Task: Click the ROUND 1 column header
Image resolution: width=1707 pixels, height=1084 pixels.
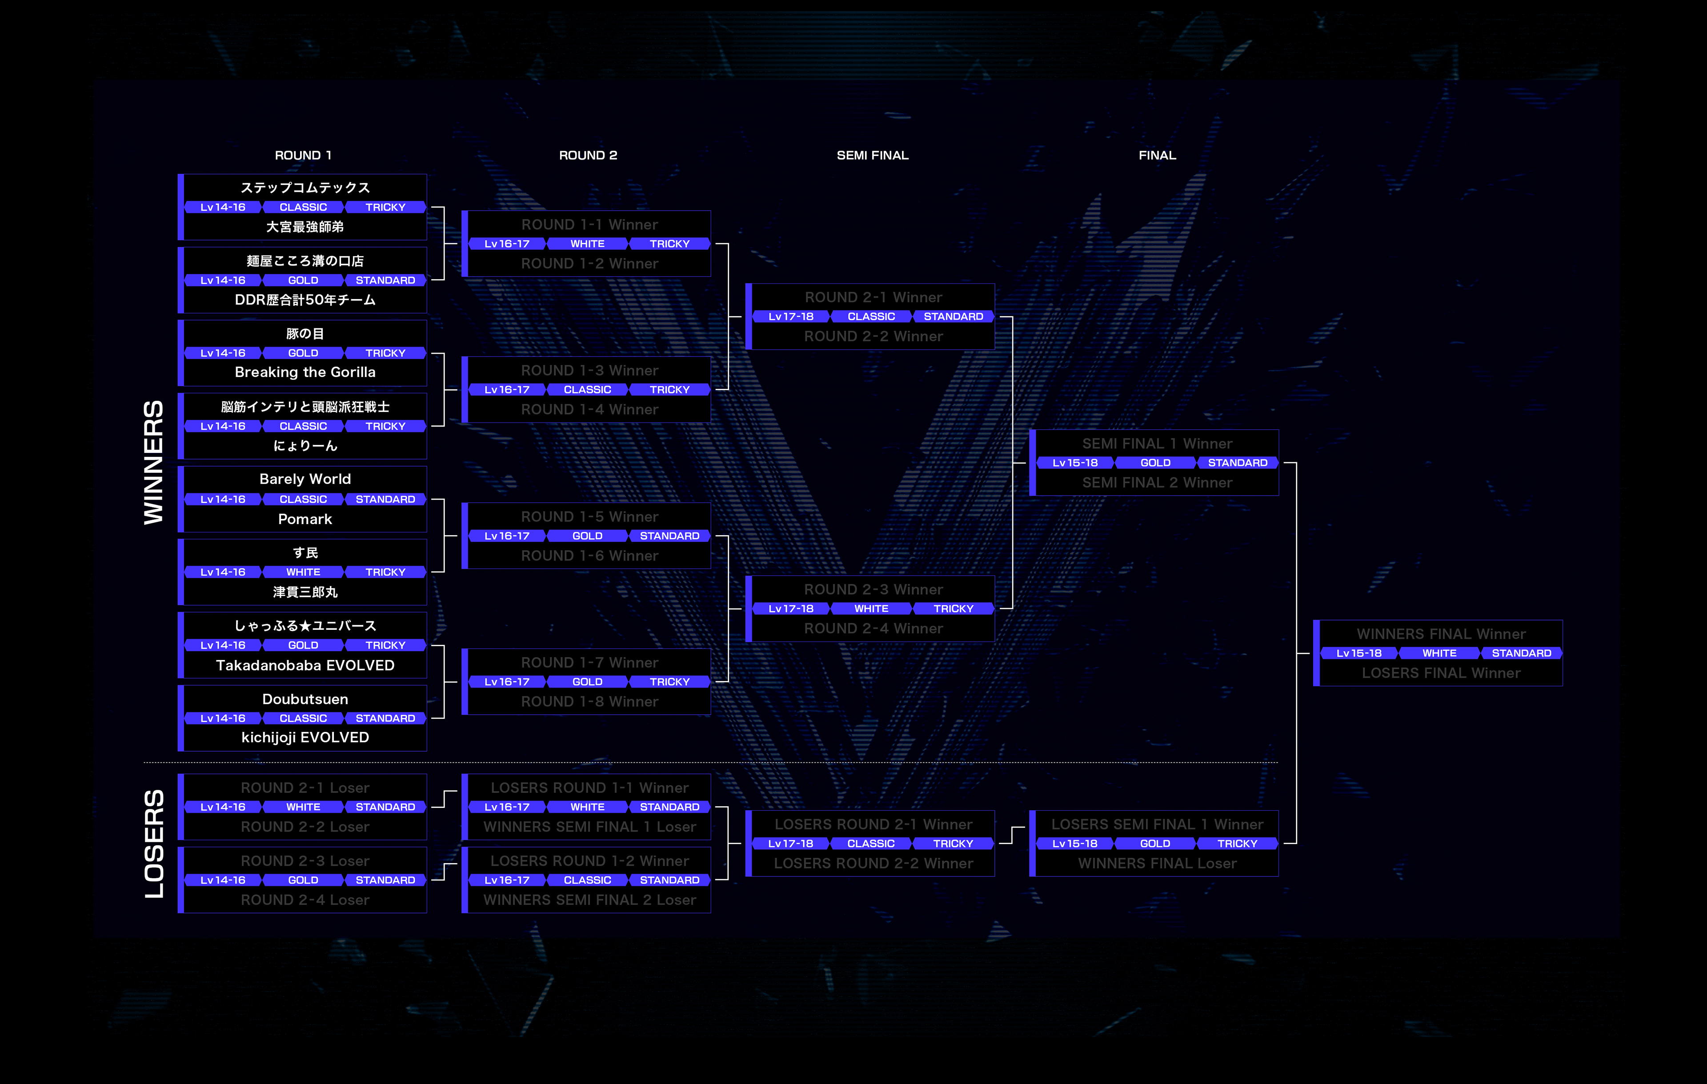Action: [303, 155]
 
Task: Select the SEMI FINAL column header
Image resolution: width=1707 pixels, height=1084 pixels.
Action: [872, 155]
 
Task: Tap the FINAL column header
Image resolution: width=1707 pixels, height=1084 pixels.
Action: [1157, 155]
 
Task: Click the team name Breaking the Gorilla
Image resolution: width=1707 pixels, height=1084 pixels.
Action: [305, 372]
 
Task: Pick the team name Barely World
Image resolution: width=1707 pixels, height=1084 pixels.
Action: [305, 479]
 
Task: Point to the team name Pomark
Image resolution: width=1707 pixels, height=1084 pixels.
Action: [305, 519]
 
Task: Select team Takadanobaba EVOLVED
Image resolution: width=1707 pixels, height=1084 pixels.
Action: [305, 665]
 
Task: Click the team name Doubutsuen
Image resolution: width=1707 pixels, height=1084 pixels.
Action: [305, 699]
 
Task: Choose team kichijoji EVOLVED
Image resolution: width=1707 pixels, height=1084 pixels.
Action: [305, 737]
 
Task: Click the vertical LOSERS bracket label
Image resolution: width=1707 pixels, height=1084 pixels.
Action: [154, 844]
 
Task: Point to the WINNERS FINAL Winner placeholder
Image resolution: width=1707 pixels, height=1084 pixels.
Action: [1440, 634]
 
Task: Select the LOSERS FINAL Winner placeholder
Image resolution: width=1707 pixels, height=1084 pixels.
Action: [1440, 673]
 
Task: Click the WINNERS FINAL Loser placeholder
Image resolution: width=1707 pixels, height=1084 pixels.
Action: [1157, 864]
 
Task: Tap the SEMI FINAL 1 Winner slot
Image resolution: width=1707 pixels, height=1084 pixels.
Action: [1157, 444]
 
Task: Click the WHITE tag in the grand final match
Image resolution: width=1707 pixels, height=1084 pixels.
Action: [1439, 653]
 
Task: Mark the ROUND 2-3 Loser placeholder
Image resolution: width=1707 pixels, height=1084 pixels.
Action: [305, 861]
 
